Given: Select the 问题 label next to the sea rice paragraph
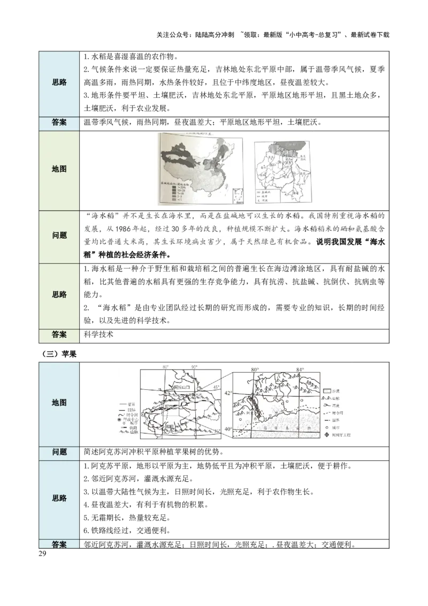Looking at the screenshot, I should (59, 236).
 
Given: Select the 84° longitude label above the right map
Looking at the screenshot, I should (300, 370).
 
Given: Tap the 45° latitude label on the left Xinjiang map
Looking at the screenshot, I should (216, 387).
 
